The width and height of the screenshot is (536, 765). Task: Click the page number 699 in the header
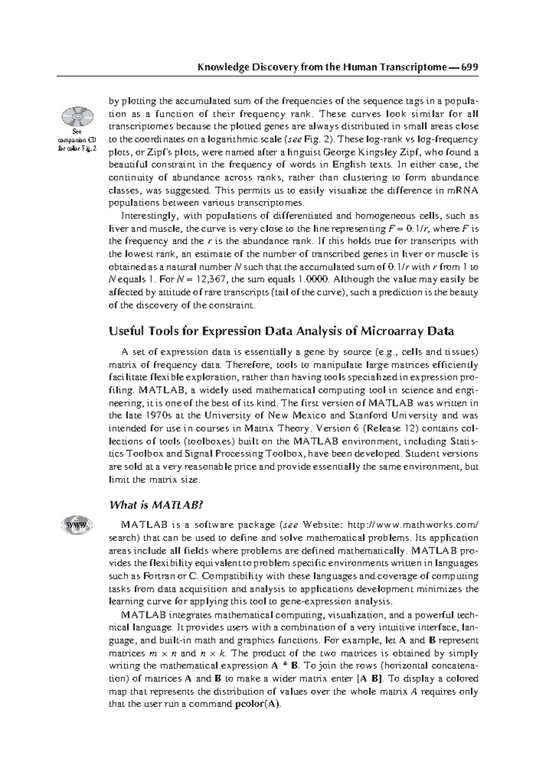click(x=469, y=67)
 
